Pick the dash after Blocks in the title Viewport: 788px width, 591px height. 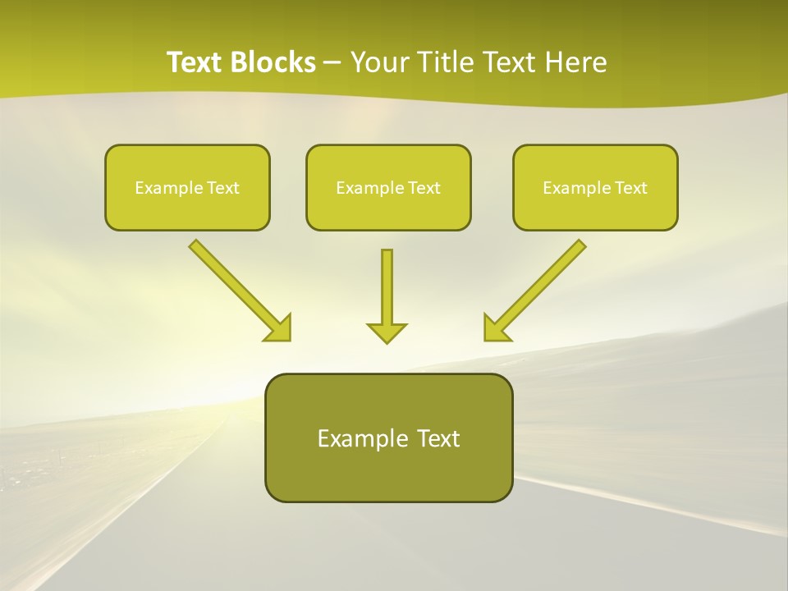[x=332, y=63]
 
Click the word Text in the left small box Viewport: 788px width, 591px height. [x=223, y=188]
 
